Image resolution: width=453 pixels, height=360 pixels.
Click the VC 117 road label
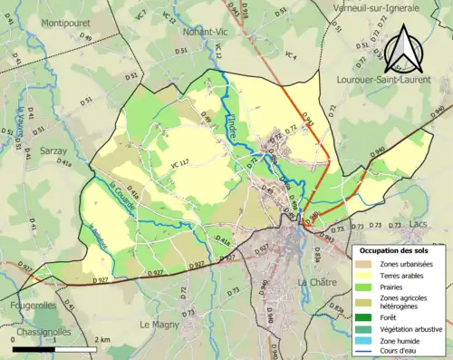(179, 163)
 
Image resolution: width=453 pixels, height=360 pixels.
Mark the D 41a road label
(64, 163)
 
